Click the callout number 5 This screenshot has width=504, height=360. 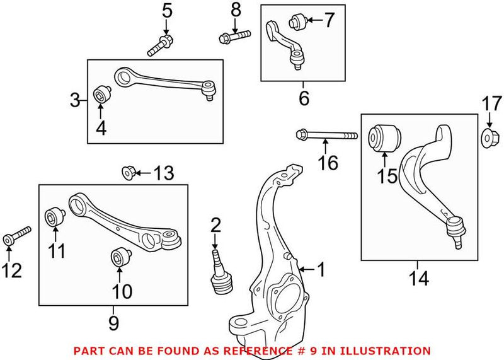coord(166,11)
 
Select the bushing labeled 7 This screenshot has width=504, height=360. coord(297,22)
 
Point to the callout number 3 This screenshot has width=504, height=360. coord(75,100)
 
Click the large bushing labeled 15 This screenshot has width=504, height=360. coord(384,138)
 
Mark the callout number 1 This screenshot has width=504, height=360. coord(321,270)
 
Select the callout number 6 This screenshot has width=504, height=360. coord(304,98)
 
